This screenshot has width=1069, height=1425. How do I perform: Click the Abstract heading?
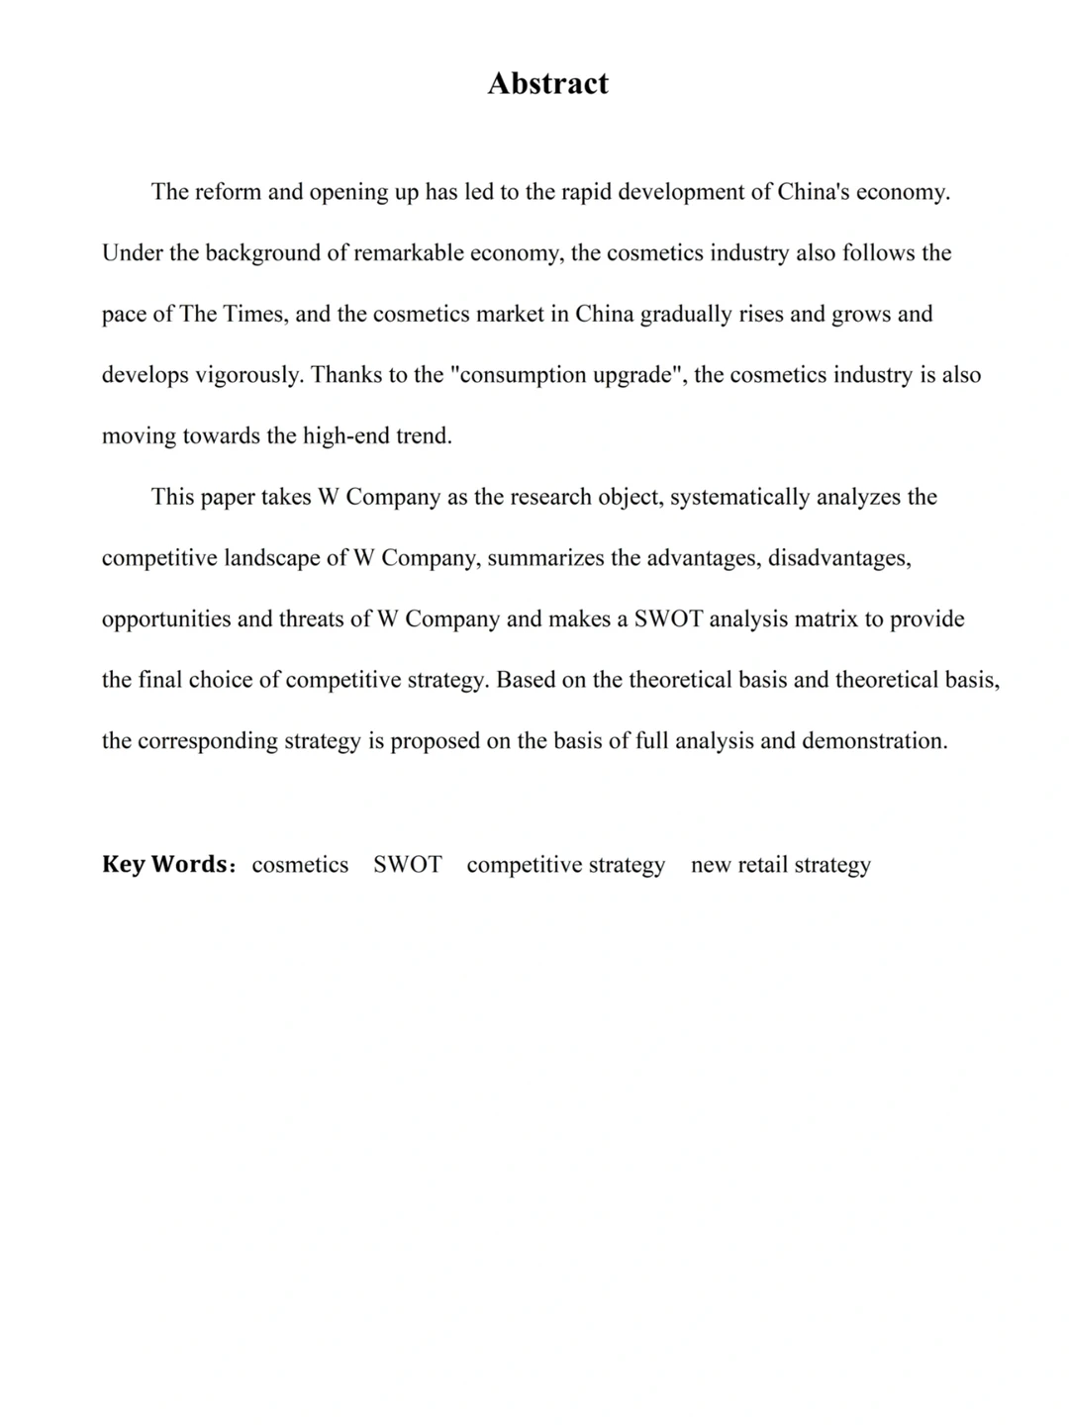547,83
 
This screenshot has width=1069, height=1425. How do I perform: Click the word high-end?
345,436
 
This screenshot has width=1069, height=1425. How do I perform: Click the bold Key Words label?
165,864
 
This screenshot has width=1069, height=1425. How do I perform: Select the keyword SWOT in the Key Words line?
407,865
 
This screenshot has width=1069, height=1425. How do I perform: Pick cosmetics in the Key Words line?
300,865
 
